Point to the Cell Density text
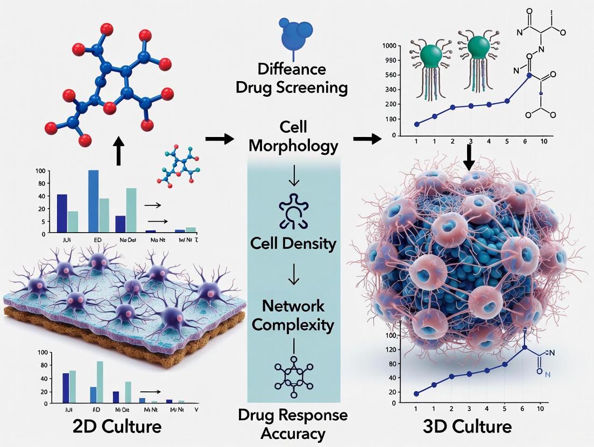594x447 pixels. point(293,243)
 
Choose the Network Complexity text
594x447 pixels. point(293,315)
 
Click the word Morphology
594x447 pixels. point(294,146)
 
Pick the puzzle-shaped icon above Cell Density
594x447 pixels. point(294,207)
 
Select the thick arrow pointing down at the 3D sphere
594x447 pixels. point(470,157)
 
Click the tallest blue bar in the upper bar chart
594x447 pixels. point(93,200)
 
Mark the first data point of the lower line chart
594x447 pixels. point(416,394)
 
